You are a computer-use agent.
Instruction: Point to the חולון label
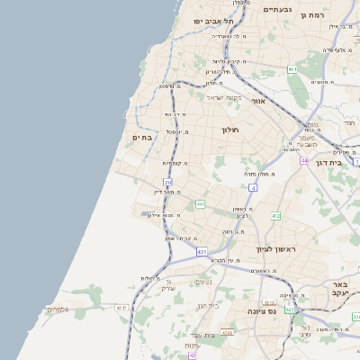tap(234, 130)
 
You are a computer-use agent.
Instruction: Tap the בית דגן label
tap(330, 163)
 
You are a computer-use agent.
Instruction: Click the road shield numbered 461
tap(292, 68)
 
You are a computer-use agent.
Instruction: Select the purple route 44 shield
tap(305, 160)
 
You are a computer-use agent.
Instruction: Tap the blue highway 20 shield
tap(167, 183)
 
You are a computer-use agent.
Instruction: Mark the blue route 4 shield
tap(254, 187)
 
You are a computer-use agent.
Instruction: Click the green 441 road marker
tap(200, 204)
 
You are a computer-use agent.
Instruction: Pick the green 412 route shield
tap(275, 216)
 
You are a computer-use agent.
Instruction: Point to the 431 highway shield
tap(202, 252)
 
